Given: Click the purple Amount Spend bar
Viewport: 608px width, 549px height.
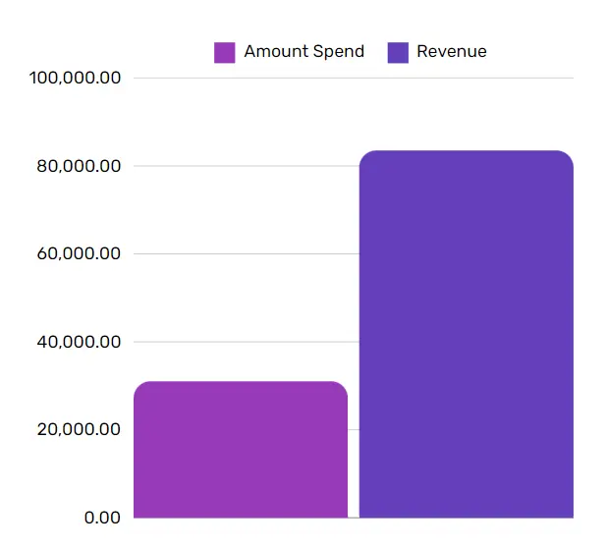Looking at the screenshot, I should click(x=241, y=450).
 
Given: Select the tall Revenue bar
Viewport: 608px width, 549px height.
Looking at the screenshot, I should click(x=466, y=334).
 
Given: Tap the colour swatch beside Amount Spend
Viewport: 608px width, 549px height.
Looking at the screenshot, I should click(x=225, y=52).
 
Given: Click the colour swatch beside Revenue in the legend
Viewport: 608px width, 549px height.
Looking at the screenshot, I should click(x=398, y=52).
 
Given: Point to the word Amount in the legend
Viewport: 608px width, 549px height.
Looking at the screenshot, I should click(x=274, y=51).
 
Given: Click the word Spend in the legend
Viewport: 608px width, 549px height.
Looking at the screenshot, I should click(x=337, y=51).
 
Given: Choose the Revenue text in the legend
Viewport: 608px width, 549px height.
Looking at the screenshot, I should click(x=452, y=51).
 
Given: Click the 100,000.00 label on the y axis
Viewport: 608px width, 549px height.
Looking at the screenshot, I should click(x=76, y=78).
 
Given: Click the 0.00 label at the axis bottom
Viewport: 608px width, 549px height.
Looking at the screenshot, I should click(x=101, y=518).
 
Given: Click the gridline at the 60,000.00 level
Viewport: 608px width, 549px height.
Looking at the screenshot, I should click(x=246, y=253).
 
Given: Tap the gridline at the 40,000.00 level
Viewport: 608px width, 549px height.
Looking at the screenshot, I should click(x=246, y=342).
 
